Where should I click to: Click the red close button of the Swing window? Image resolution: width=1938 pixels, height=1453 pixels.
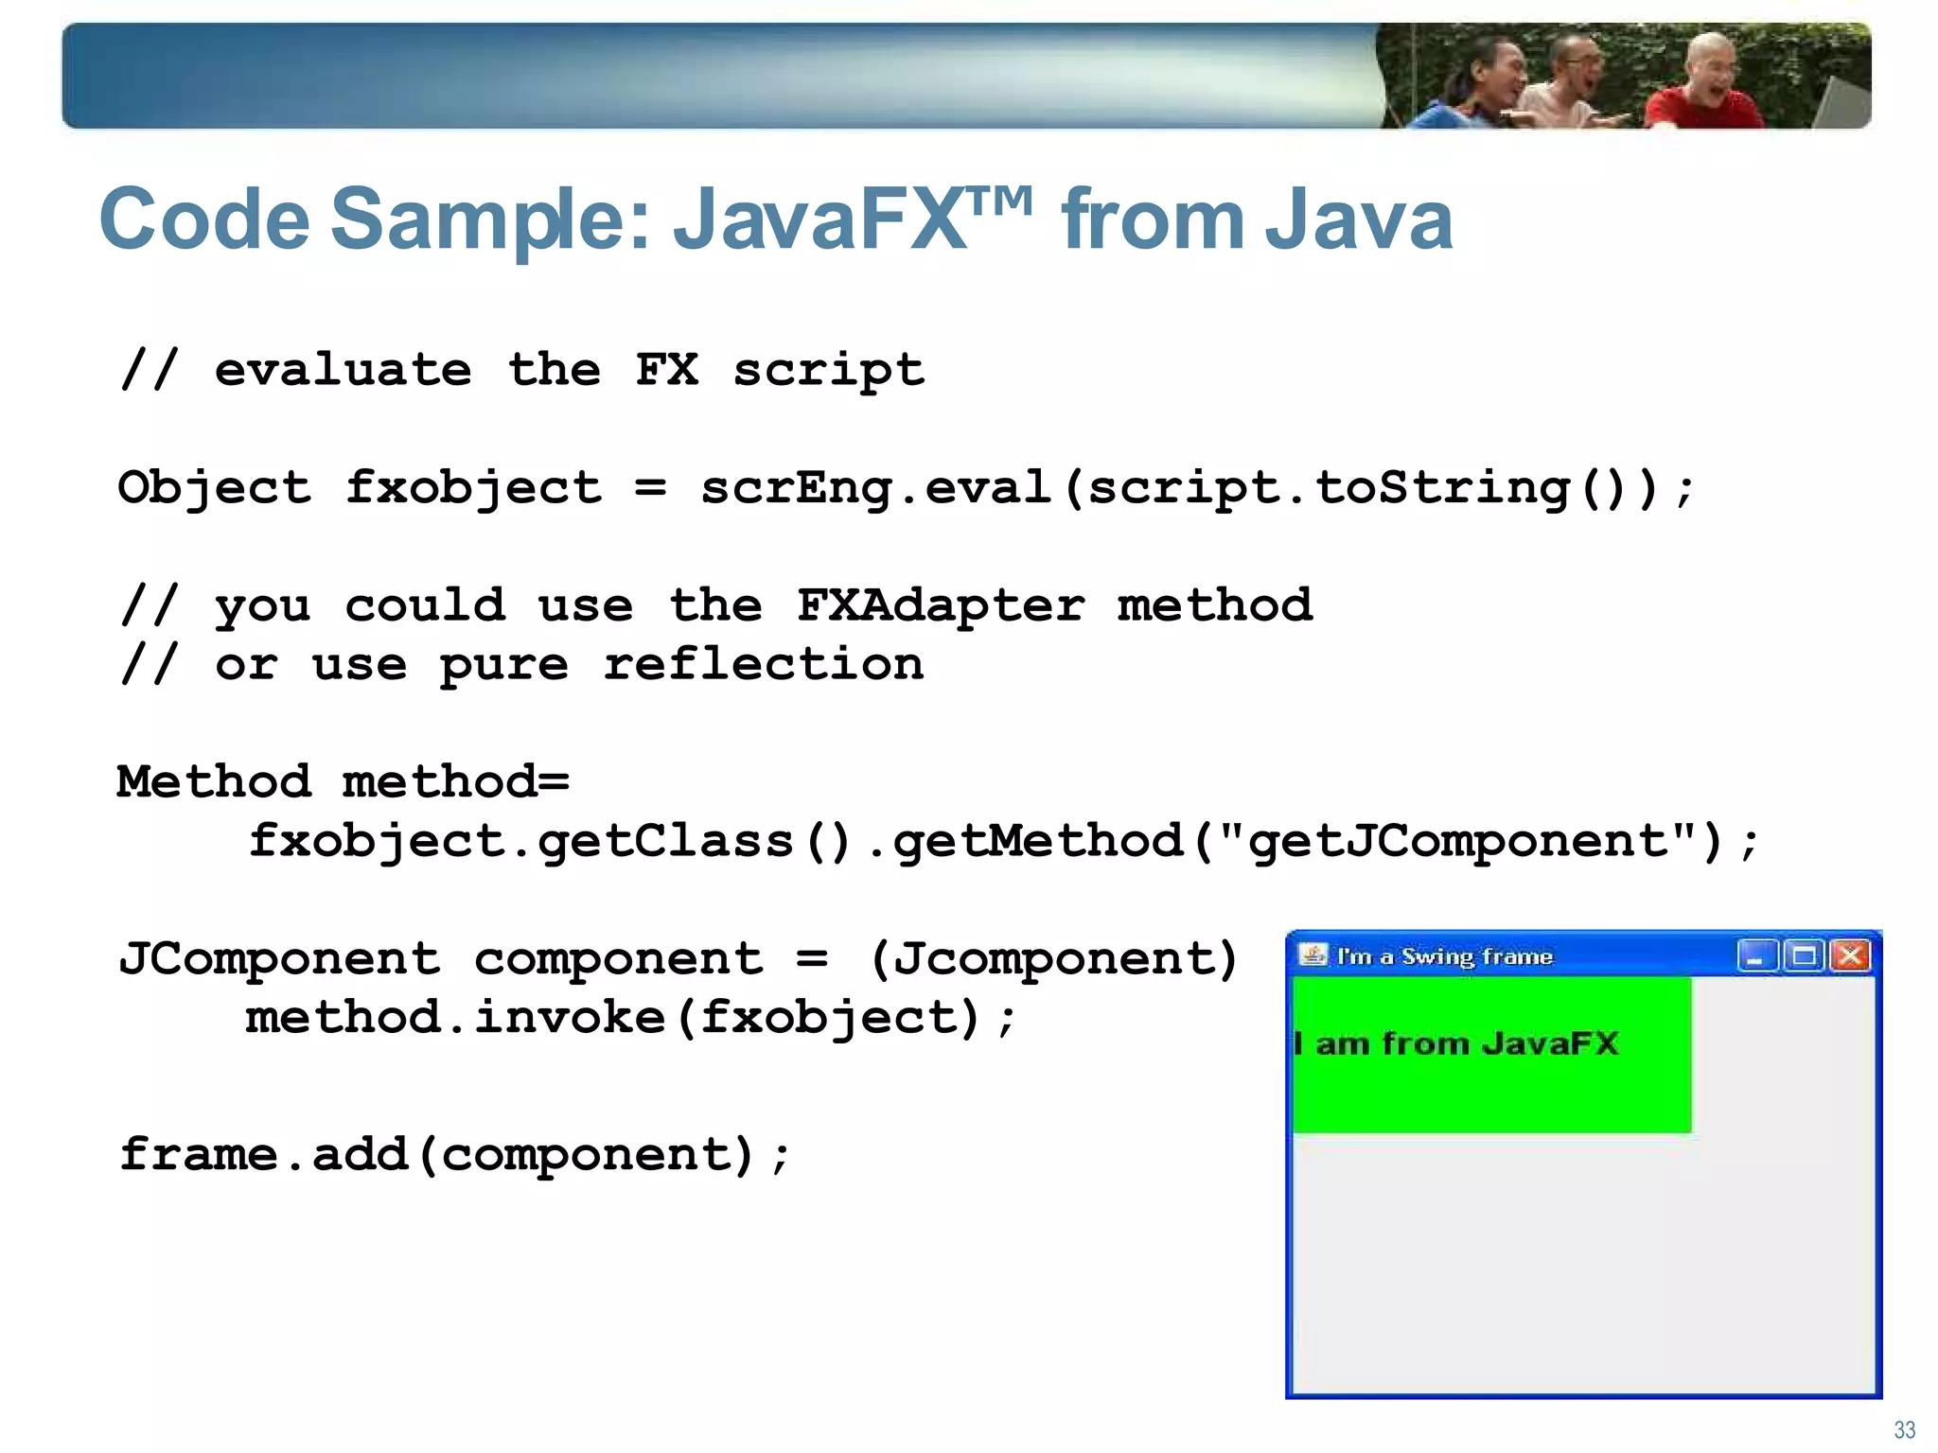click(1851, 956)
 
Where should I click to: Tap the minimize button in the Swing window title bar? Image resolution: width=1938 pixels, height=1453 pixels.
click(1756, 956)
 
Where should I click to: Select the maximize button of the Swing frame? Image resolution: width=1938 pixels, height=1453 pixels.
click(1804, 956)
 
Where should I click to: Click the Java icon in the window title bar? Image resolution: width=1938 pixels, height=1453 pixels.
click(1313, 955)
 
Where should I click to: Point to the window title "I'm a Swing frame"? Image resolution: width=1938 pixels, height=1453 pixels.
click(1444, 956)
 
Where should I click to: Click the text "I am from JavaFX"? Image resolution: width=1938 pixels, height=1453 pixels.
click(1456, 1043)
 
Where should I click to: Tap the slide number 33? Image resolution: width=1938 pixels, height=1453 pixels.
click(1904, 1429)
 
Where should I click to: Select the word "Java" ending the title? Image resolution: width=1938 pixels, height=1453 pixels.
click(1357, 219)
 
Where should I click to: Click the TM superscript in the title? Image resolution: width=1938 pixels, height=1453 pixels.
click(1001, 201)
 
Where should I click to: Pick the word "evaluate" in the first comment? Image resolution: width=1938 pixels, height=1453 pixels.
click(343, 369)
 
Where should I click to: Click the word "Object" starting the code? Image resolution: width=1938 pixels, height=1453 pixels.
click(214, 488)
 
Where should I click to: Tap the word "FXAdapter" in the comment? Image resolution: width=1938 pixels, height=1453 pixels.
click(941, 605)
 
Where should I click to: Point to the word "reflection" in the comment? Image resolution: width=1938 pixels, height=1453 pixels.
click(764, 664)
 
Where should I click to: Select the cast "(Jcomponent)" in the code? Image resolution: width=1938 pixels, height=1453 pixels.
click(1052, 959)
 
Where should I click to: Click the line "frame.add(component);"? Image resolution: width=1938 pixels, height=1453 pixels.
click(454, 1155)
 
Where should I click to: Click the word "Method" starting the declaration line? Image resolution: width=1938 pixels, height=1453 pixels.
click(214, 782)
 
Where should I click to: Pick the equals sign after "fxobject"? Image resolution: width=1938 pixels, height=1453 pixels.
click(650, 488)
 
